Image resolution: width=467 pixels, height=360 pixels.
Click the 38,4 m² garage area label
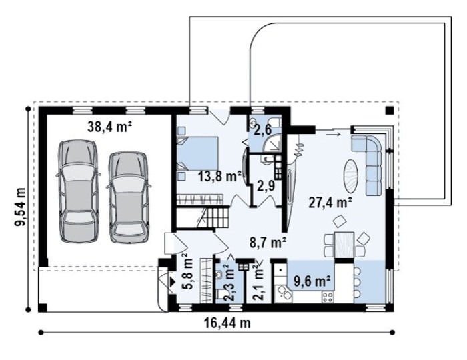pos(110,127)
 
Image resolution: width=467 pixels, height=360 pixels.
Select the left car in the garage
pos(78,192)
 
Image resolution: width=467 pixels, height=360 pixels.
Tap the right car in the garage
pos(128,197)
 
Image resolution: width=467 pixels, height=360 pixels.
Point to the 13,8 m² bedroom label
pos(219,177)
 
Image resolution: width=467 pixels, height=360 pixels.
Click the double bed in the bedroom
pos(197,153)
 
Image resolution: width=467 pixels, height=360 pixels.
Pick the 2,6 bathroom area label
pos(262,130)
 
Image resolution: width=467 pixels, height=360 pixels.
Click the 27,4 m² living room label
pos(330,203)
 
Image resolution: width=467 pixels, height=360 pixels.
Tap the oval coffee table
pos(352,176)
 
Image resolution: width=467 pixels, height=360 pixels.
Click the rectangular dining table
pos(344,245)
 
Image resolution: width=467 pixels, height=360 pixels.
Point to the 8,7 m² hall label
pos(268,243)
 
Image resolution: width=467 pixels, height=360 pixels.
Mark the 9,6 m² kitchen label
pos(312,281)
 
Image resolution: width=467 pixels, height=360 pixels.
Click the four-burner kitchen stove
pos(328,297)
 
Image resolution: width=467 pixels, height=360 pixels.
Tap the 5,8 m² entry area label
pos(188,272)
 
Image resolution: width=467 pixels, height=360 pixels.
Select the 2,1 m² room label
pos(258,283)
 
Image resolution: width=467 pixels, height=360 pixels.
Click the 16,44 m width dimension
pos(227,323)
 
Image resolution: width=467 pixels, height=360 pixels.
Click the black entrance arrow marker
pos(172,282)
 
